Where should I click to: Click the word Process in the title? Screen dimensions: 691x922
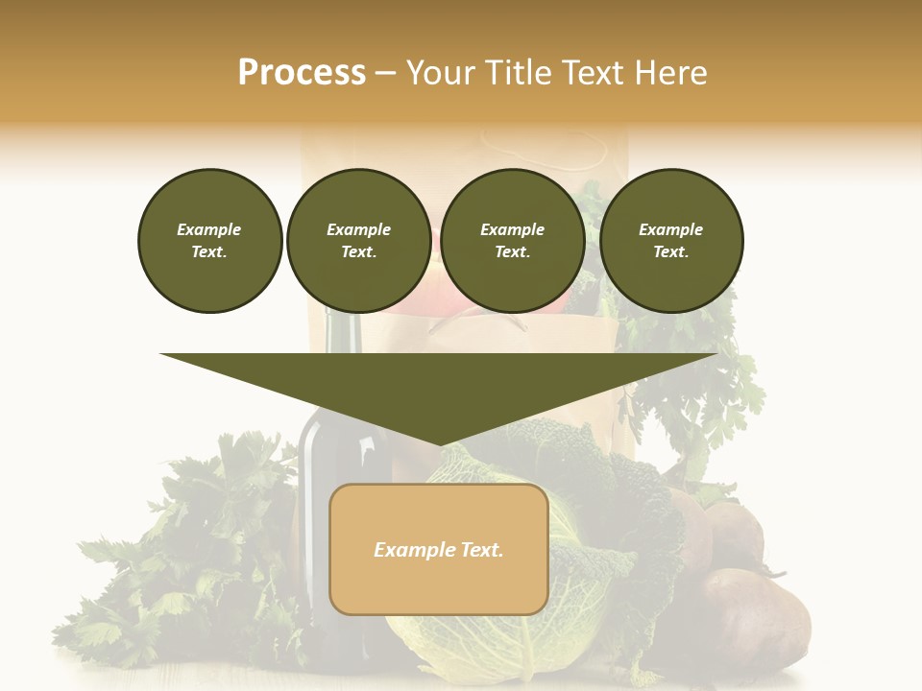(302, 73)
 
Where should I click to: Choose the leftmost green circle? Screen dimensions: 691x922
(210, 241)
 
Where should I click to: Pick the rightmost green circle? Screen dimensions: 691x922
(671, 241)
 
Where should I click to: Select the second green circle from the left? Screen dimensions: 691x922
(359, 241)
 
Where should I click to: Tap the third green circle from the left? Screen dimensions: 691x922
(513, 241)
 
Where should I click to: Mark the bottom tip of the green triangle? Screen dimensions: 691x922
(439, 444)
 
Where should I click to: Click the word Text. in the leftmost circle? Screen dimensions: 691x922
(209, 252)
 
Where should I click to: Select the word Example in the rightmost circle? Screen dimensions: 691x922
(671, 229)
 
